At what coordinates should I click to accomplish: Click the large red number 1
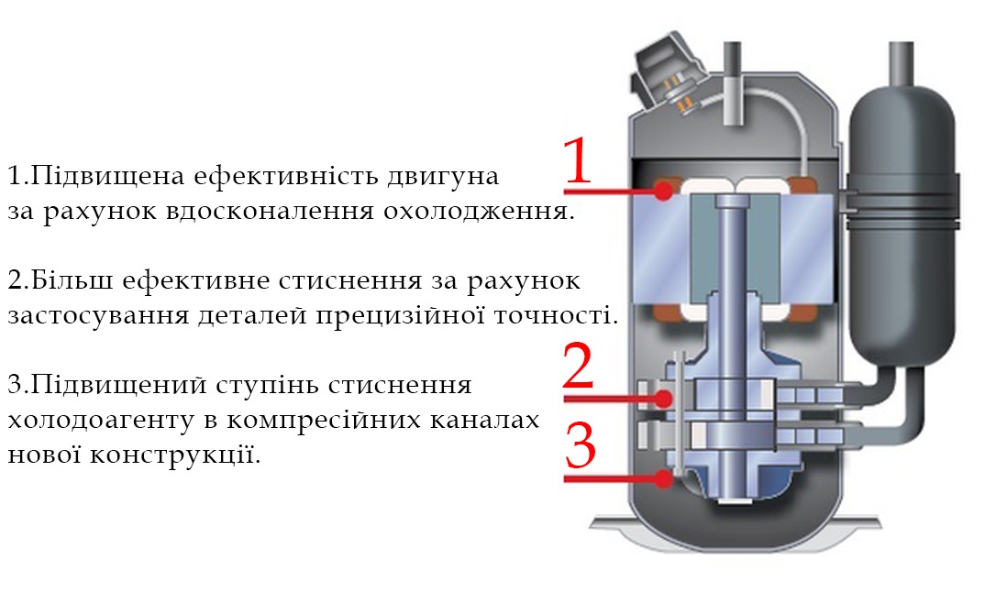[x=578, y=161]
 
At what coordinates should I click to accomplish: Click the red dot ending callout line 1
[x=663, y=191]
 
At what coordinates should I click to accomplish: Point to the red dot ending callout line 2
[x=664, y=399]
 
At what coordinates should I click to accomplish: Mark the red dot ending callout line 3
[x=664, y=478]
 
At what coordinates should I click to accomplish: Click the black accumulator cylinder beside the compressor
[x=902, y=227]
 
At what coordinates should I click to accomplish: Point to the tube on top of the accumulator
[x=900, y=64]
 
